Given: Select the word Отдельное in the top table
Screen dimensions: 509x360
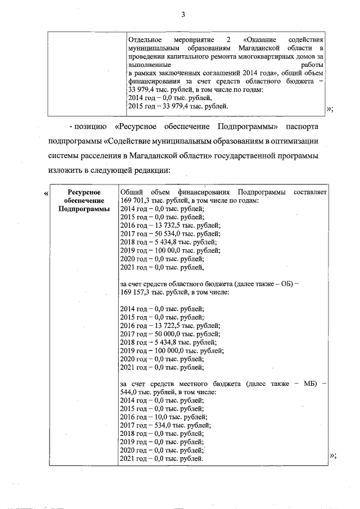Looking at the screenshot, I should click(x=145, y=41).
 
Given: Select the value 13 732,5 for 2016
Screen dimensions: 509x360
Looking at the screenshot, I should click(x=164, y=225).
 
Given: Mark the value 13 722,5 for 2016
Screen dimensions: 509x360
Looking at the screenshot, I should click(x=164, y=325).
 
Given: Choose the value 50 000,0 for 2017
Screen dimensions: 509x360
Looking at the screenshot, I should click(x=164, y=333).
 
